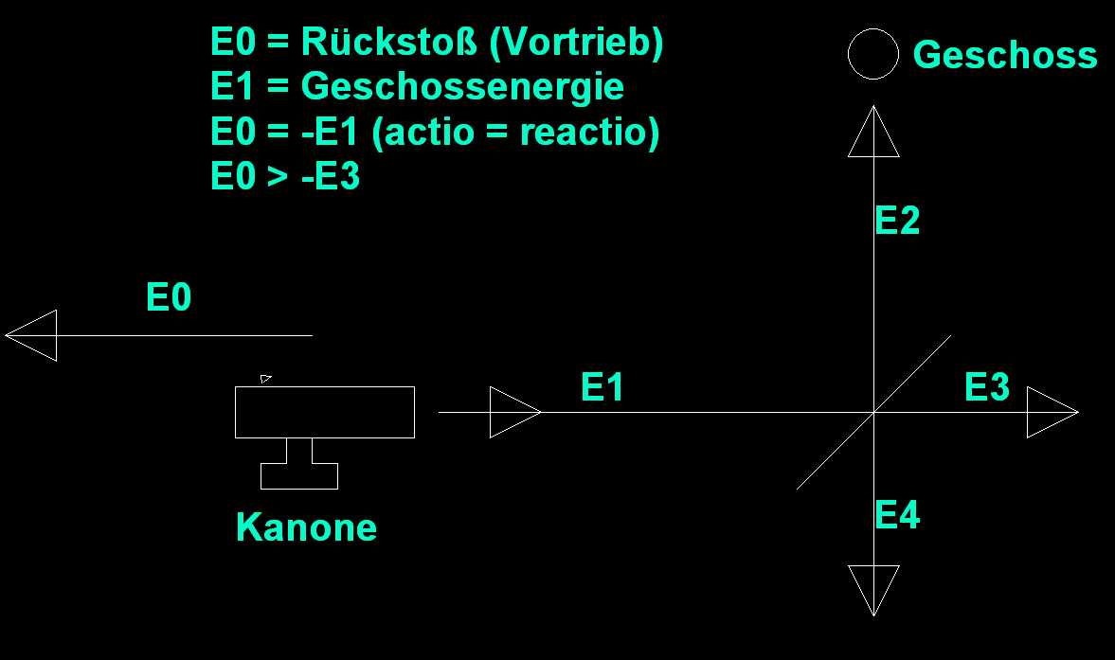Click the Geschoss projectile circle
click(872, 54)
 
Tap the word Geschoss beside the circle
click(1004, 55)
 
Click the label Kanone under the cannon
click(306, 527)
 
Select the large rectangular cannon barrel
click(324, 412)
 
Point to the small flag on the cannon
click(266, 379)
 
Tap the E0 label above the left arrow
click(169, 298)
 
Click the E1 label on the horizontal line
click(602, 387)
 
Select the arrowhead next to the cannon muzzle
click(513, 412)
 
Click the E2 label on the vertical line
click(897, 221)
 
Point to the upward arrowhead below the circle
click(872, 134)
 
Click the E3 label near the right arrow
click(987, 387)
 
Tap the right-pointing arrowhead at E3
click(1051, 412)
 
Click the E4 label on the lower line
click(897, 516)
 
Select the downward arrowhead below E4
click(872, 588)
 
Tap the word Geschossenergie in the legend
click(462, 87)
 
